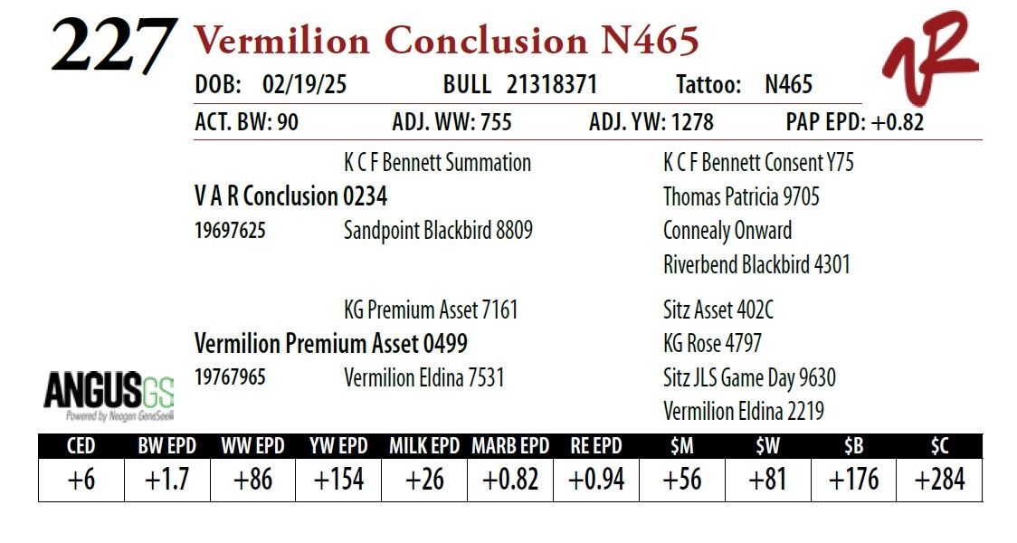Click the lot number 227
coord(113,45)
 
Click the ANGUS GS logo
coord(109,395)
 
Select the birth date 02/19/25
coord(304,84)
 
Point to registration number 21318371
coord(551,84)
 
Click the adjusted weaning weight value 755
coord(496,122)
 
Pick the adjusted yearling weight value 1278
coord(692,122)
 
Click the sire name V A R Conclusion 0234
coord(290,195)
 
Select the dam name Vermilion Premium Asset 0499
coord(331,343)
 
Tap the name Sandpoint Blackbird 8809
coord(438,230)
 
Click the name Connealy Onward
coord(727,230)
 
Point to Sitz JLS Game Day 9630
coord(749,377)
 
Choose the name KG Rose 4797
coord(712,343)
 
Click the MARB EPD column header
coord(510,446)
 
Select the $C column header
coord(940,446)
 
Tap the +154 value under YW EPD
coord(338,480)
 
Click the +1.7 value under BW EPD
coord(166,480)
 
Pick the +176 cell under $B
coord(853,480)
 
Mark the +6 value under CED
coord(81,480)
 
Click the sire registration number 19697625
coord(230,231)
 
